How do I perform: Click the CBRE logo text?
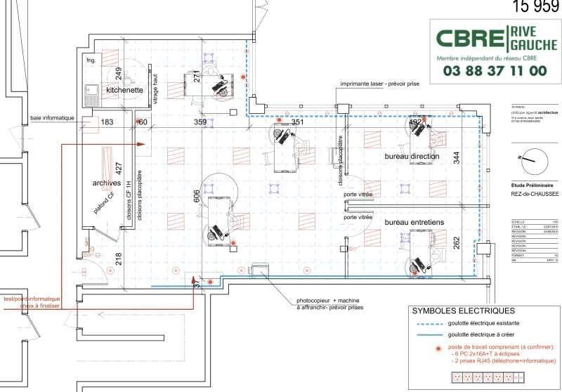pyautogui.click(x=469, y=39)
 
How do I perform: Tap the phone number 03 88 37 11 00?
pyautogui.click(x=495, y=71)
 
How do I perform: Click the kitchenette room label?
pyautogui.click(x=124, y=91)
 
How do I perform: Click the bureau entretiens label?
pyautogui.click(x=414, y=222)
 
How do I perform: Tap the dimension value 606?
pyautogui.click(x=197, y=200)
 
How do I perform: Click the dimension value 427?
pyautogui.click(x=119, y=169)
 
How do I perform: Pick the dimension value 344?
pyautogui.click(x=457, y=157)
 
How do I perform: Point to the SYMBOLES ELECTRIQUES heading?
pyautogui.click(x=463, y=311)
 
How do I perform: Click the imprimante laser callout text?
pyautogui.click(x=379, y=84)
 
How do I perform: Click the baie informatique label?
pyautogui.click(x=53, y=118)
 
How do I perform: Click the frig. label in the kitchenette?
pyautogui.click(x=91, y=61)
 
